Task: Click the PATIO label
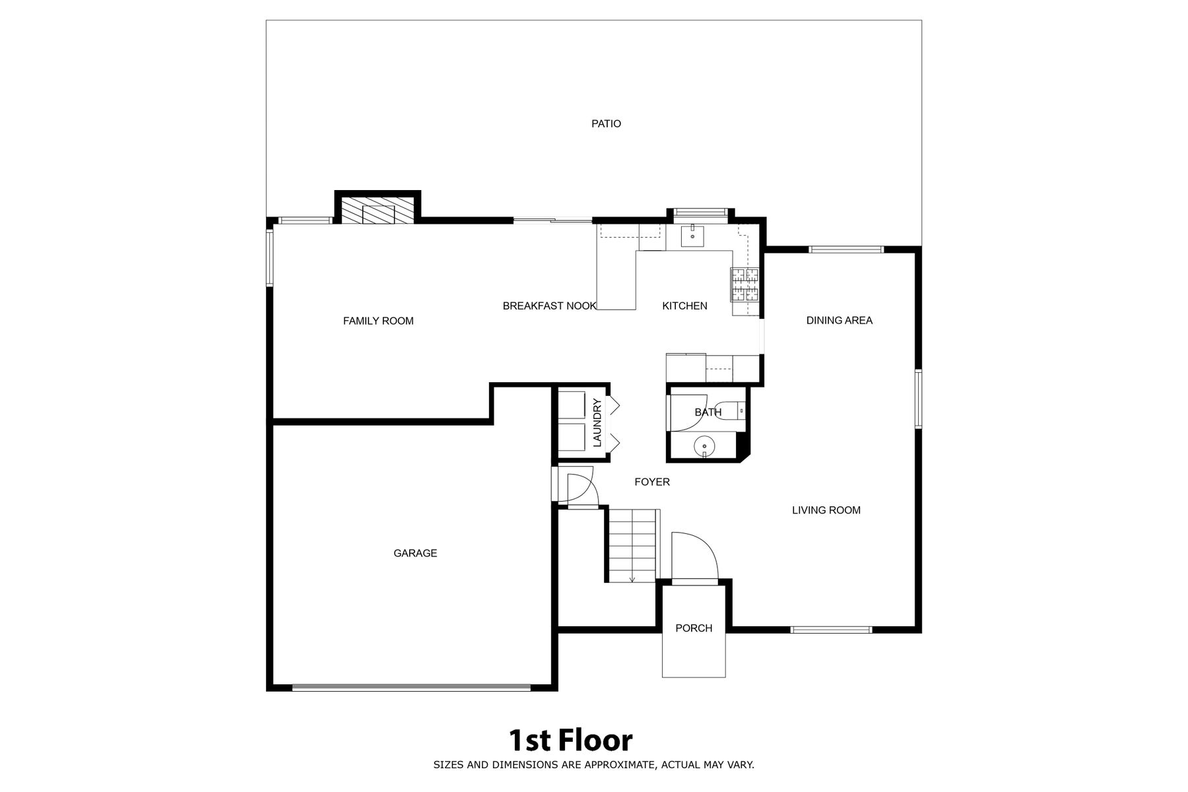606,123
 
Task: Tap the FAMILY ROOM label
378,321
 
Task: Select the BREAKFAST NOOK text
549,306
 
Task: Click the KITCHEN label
684,306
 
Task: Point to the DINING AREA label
840,320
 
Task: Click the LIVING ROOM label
826,510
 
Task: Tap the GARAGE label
415,553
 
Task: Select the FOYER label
652,482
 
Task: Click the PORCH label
694,628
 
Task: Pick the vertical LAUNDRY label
597,422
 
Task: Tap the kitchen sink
694,235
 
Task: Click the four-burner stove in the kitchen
744,285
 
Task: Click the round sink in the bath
705,447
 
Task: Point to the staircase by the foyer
632,546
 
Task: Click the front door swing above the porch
694,558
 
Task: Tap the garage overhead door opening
411,688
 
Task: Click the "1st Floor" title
570,741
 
